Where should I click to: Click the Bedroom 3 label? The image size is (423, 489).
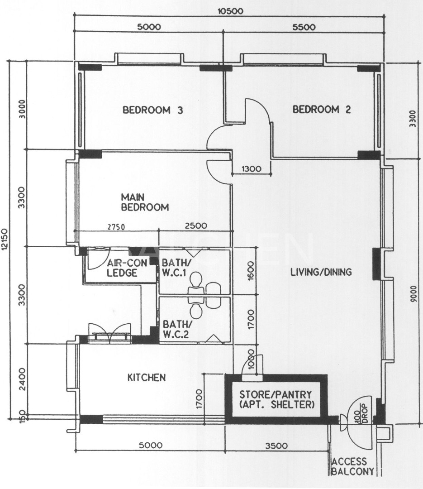coord(152,110)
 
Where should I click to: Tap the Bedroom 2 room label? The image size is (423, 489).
coord(322,109)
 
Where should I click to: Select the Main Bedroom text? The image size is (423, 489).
coord(144,202)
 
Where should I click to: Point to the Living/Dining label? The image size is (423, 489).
coord(321,272)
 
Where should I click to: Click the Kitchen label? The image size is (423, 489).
coord(146,377)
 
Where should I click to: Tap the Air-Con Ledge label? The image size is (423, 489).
coord(122,268)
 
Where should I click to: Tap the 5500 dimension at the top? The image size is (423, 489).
coord(304,27)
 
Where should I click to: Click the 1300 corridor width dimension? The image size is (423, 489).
coord(251,169)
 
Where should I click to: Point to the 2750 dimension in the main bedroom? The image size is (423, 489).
coord(115,226)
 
